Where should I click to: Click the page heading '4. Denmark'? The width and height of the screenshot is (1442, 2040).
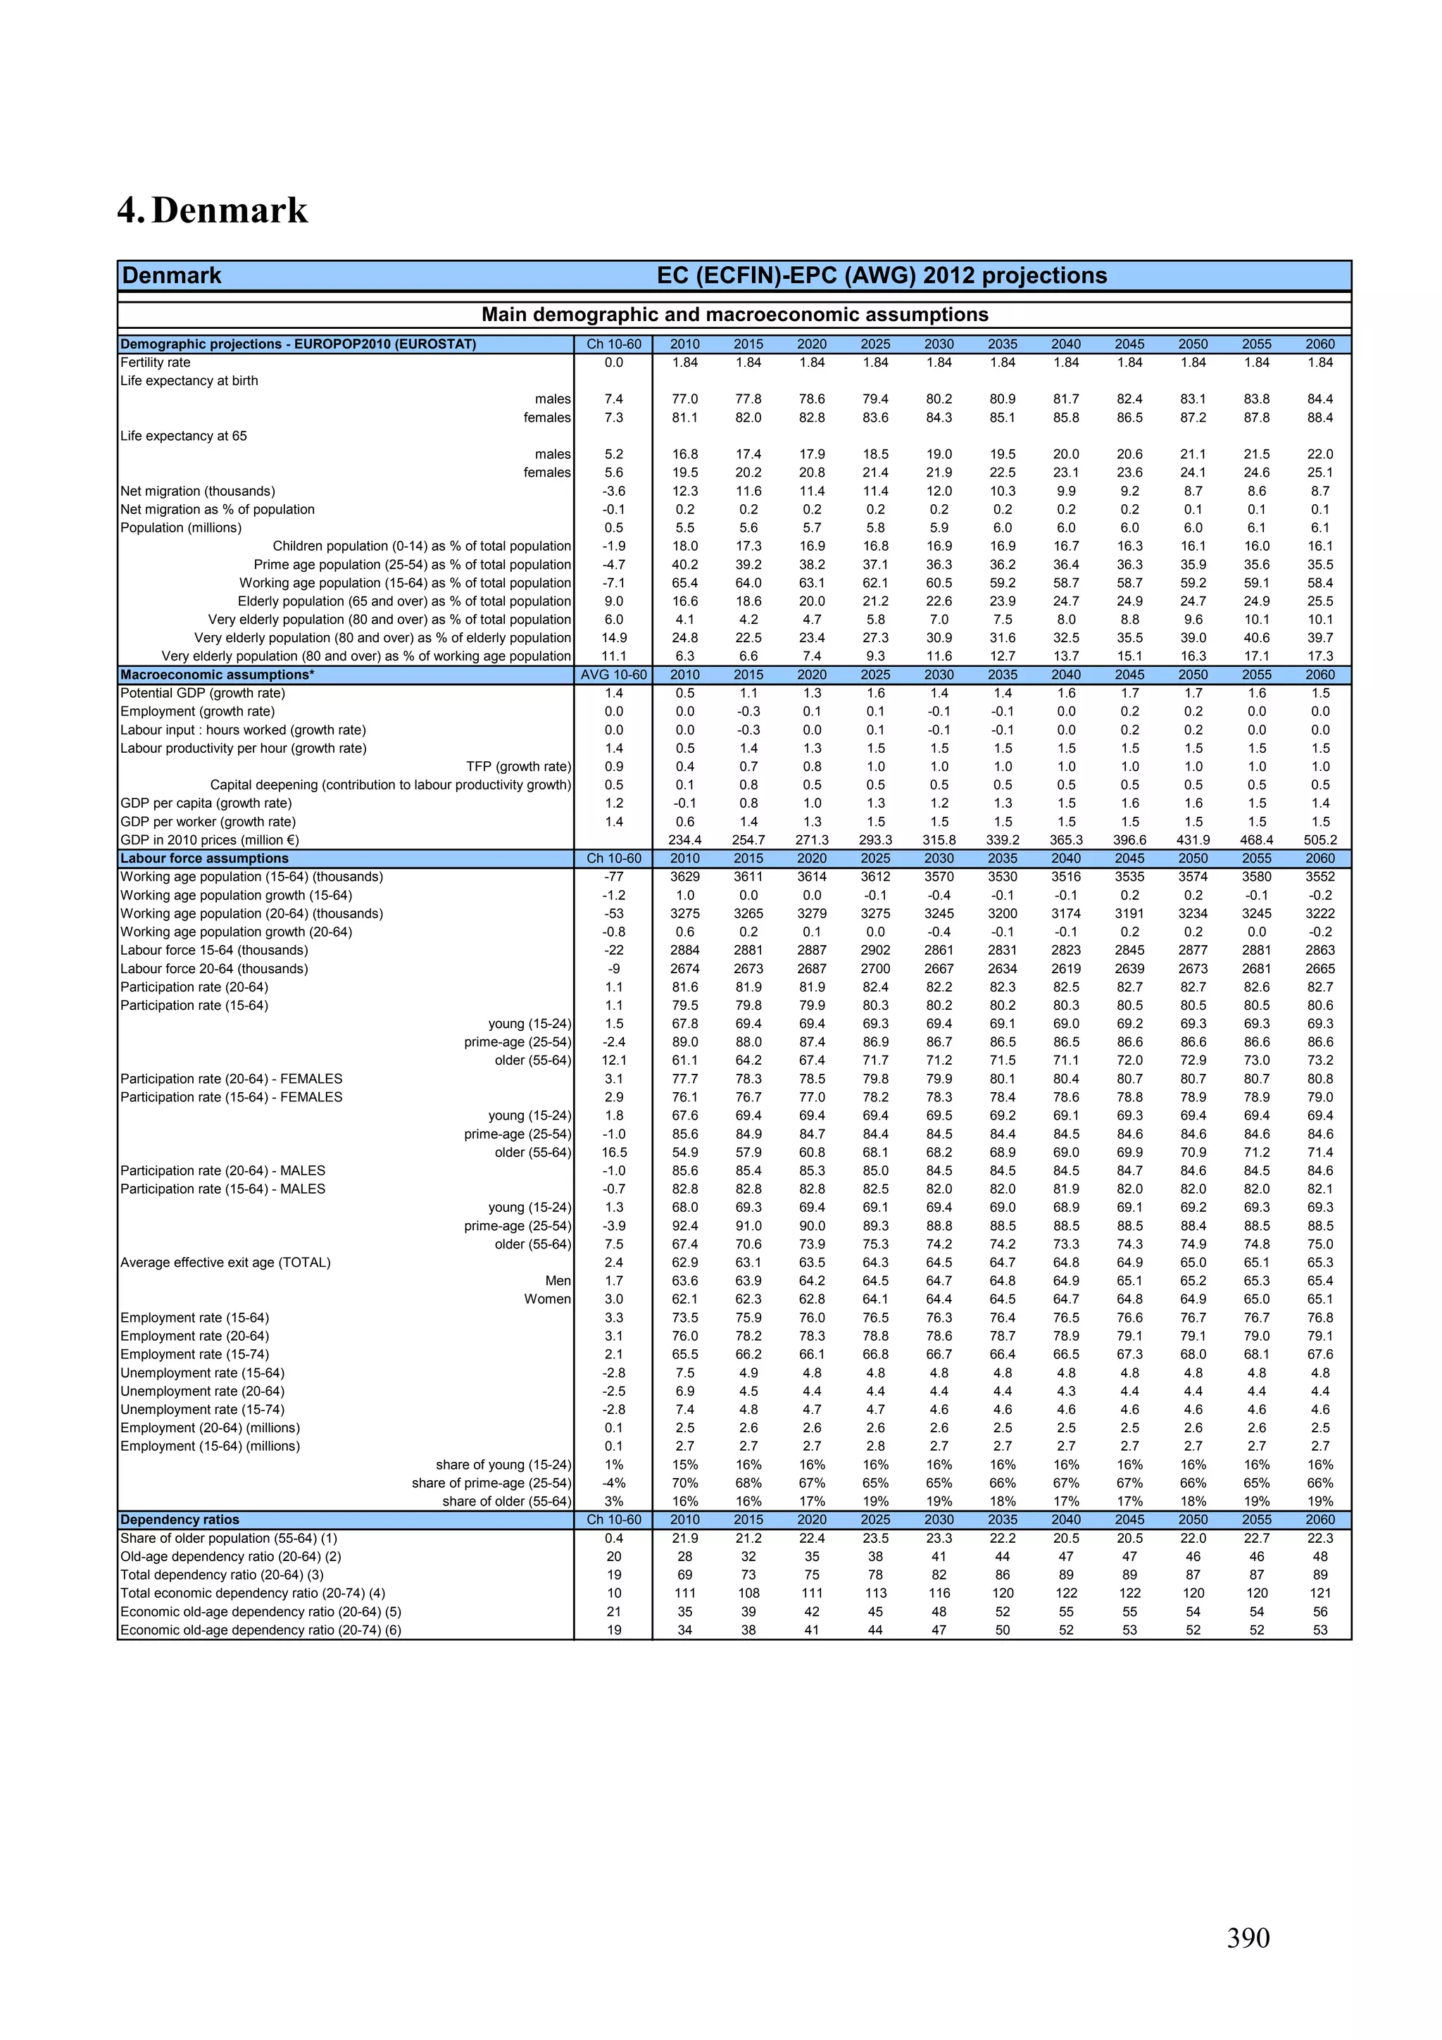coord(213,211)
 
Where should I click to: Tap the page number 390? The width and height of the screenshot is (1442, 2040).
coord(1248,1937)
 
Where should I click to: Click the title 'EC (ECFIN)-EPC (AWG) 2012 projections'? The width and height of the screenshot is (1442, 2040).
coord(882,275)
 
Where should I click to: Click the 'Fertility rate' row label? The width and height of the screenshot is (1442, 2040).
coord(156,363)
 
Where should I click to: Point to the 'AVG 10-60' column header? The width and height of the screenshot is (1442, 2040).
coord(613,675)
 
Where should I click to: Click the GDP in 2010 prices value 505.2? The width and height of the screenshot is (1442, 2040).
coord(1319,839)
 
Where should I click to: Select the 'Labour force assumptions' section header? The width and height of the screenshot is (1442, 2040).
coord(204,858)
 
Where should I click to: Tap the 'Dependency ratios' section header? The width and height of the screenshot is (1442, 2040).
coord(180,1520)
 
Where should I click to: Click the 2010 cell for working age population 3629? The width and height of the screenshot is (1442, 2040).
coord(684,877)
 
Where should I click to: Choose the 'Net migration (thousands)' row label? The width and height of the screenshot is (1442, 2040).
coord(197,492)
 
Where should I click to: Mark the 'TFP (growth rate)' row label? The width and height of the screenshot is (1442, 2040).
coord(518,767)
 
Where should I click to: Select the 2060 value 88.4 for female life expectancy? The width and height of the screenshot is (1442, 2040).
coord(1319,418)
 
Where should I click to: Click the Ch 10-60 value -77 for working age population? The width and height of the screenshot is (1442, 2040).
coord(613,877)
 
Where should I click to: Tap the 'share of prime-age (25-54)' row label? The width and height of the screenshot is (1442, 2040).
coord(491,1483)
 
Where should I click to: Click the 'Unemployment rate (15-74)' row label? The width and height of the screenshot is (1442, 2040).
coord(203,1409)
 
